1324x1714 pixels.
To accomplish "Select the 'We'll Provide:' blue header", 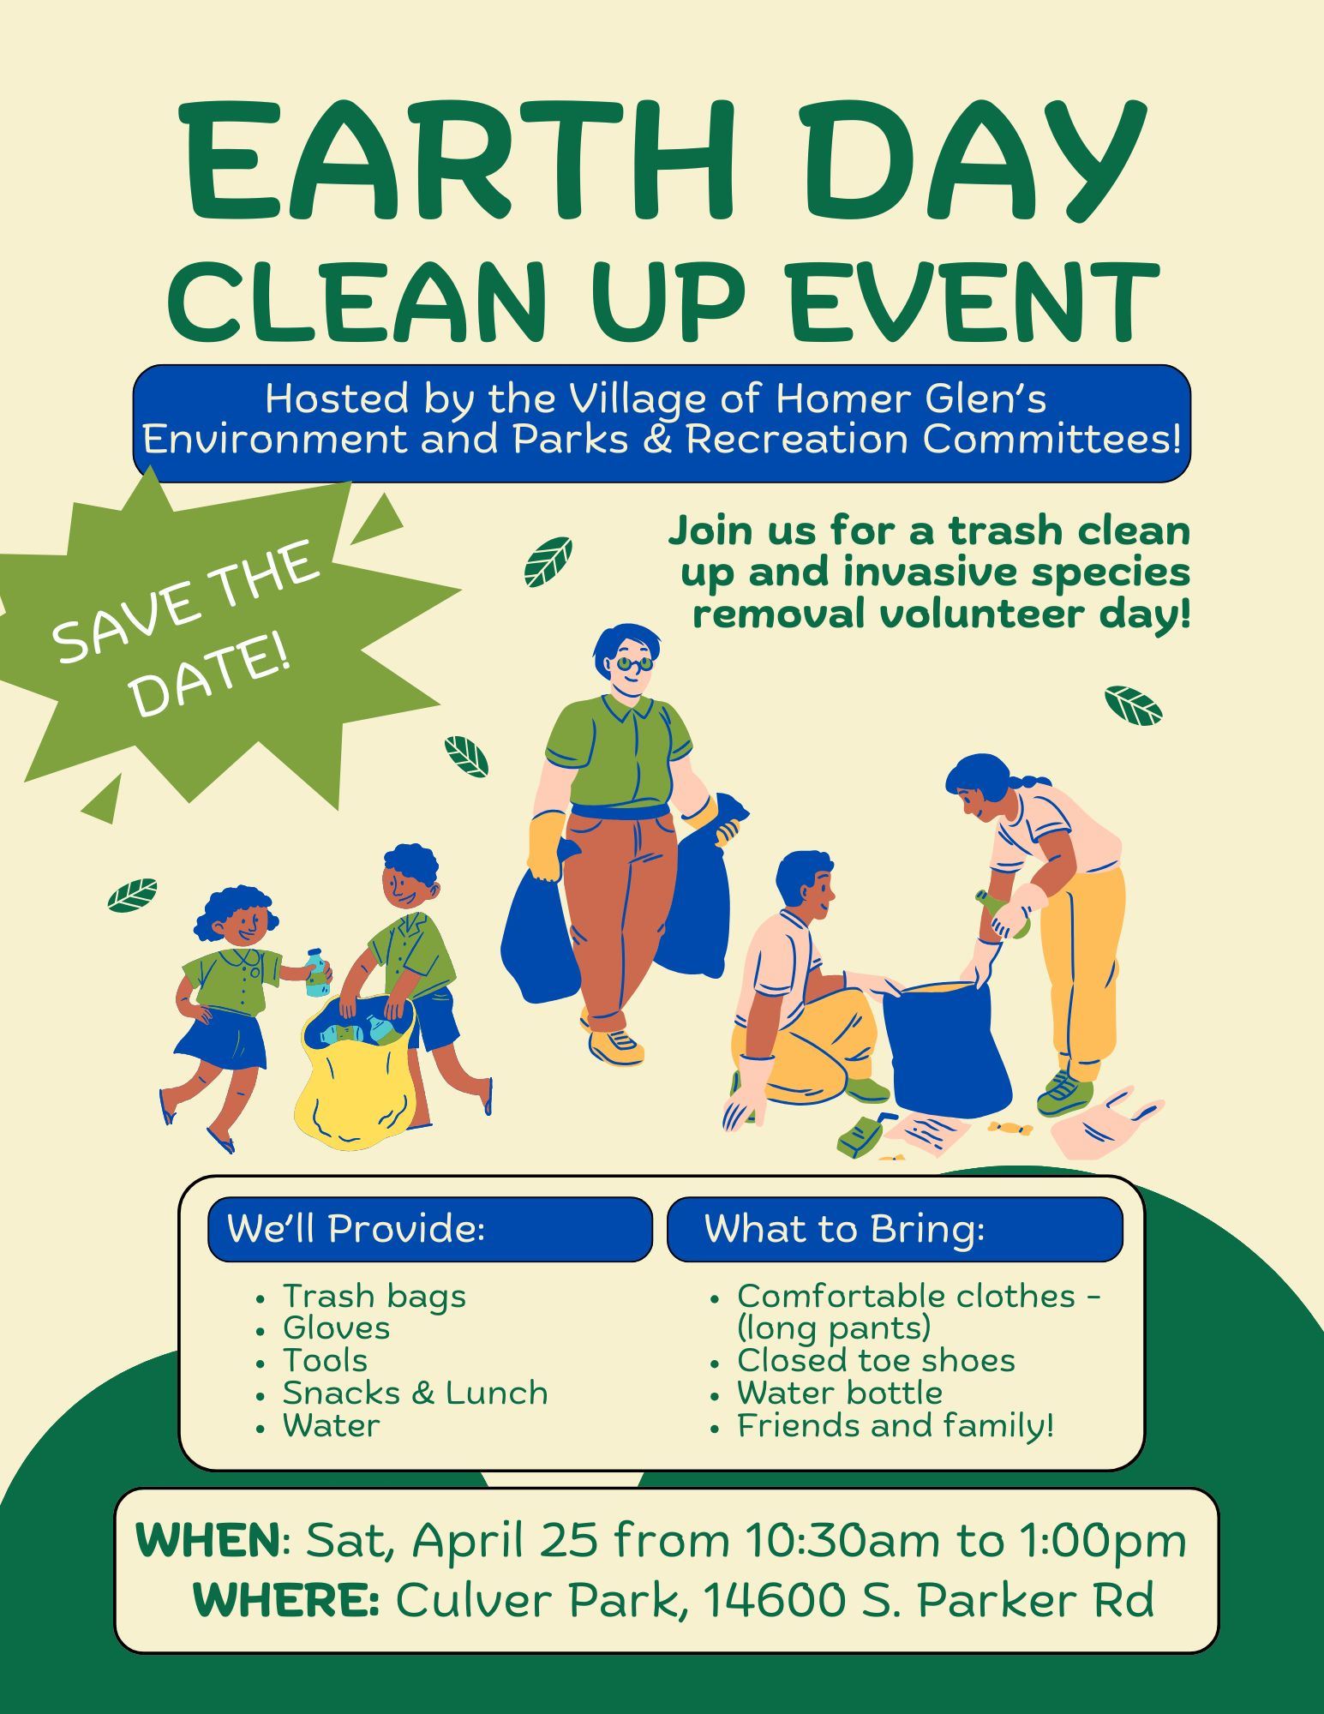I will click(x=356, y=1229).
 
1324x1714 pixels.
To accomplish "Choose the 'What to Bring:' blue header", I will click(x=844, y=1229).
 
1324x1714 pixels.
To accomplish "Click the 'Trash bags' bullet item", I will click(x=374, y=1296).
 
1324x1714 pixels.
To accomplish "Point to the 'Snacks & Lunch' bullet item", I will click(x=415, y=1393).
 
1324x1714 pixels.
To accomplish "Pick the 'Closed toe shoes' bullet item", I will click(x=876, y=1360).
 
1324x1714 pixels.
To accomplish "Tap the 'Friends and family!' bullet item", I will click(x=896, y=1425).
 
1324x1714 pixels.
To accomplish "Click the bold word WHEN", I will click(x=208, y=1540).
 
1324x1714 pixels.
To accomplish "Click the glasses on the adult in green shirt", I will click(x=634, y=663).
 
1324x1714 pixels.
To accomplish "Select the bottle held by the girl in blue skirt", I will click(x=316, y=973).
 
